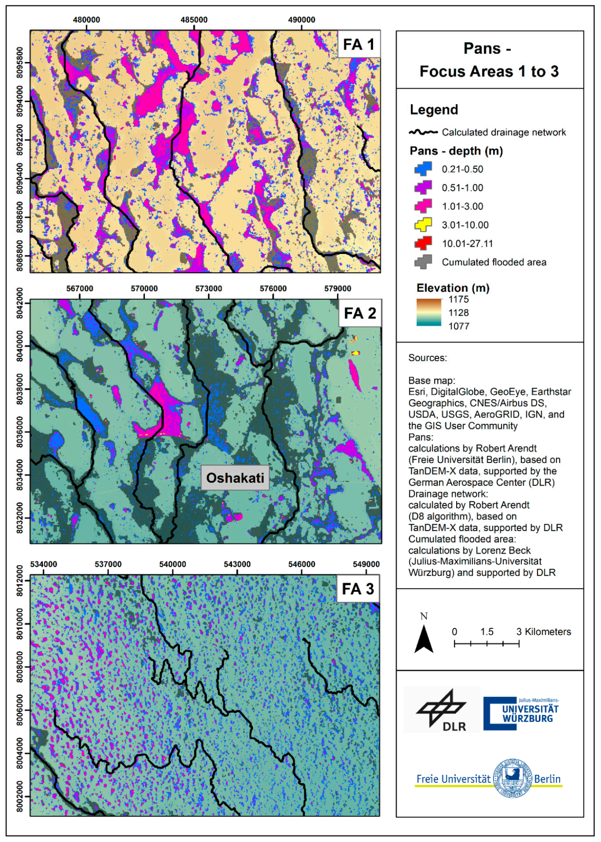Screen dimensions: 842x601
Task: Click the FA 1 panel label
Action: pos(359,44)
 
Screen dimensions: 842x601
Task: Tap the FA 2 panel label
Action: pos(359,313)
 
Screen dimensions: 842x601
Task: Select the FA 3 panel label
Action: pos(358,589)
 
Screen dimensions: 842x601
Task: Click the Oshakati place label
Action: pos(235,478)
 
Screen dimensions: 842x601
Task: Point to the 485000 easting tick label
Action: pos(194,20)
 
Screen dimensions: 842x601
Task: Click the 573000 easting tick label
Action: pos(209,289)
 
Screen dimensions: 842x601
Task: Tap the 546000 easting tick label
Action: pos(302,564)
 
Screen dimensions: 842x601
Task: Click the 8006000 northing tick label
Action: pos(19,710)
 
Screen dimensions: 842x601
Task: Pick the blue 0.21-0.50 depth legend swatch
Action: pos(423,169)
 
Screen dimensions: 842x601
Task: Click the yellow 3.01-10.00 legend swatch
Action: pos(423,224)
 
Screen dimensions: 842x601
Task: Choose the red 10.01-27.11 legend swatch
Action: pos(423,243)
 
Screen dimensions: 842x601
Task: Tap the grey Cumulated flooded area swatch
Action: pos(423,262)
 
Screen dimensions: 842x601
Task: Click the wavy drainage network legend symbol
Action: pos(423,132)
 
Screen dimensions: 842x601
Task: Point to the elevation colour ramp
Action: pos(429,312)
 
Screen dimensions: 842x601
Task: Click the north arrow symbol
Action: pos(424,639)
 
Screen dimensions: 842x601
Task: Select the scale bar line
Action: pos(486,643)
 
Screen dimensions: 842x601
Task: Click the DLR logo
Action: pos(442,710)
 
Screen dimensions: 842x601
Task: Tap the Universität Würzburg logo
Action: pos(521,713)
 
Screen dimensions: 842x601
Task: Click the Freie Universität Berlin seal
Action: pos(513,778)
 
